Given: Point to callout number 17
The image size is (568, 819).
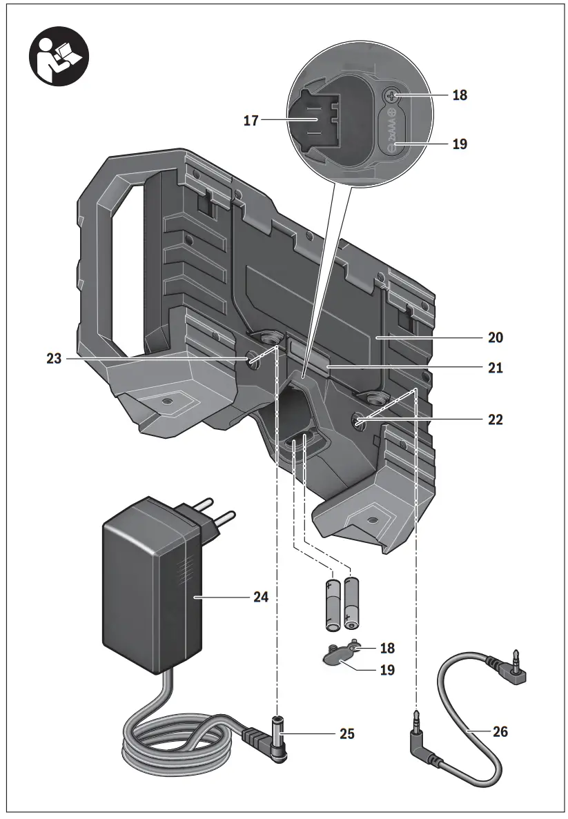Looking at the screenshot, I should coord(251,121).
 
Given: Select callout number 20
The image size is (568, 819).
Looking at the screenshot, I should coord(495,337).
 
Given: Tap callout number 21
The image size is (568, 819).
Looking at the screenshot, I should coord(495,368).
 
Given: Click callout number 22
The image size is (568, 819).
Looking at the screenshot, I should coord(495,420).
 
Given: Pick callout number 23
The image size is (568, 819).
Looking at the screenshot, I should coord(54,359).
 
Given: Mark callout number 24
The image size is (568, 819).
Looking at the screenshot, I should coord(259,596).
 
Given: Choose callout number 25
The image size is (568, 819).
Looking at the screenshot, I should coord(346,733).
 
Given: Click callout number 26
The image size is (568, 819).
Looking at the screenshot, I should coord(500,731).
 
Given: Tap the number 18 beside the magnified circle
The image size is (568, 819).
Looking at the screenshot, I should coord(460,95).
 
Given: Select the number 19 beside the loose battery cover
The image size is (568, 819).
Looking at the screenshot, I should coord(387,669).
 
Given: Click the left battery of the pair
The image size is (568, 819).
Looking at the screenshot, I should coord(333,604).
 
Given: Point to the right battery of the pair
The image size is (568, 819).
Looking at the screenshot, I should coord(353,603).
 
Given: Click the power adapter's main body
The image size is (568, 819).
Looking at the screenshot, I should coord(152,586).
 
